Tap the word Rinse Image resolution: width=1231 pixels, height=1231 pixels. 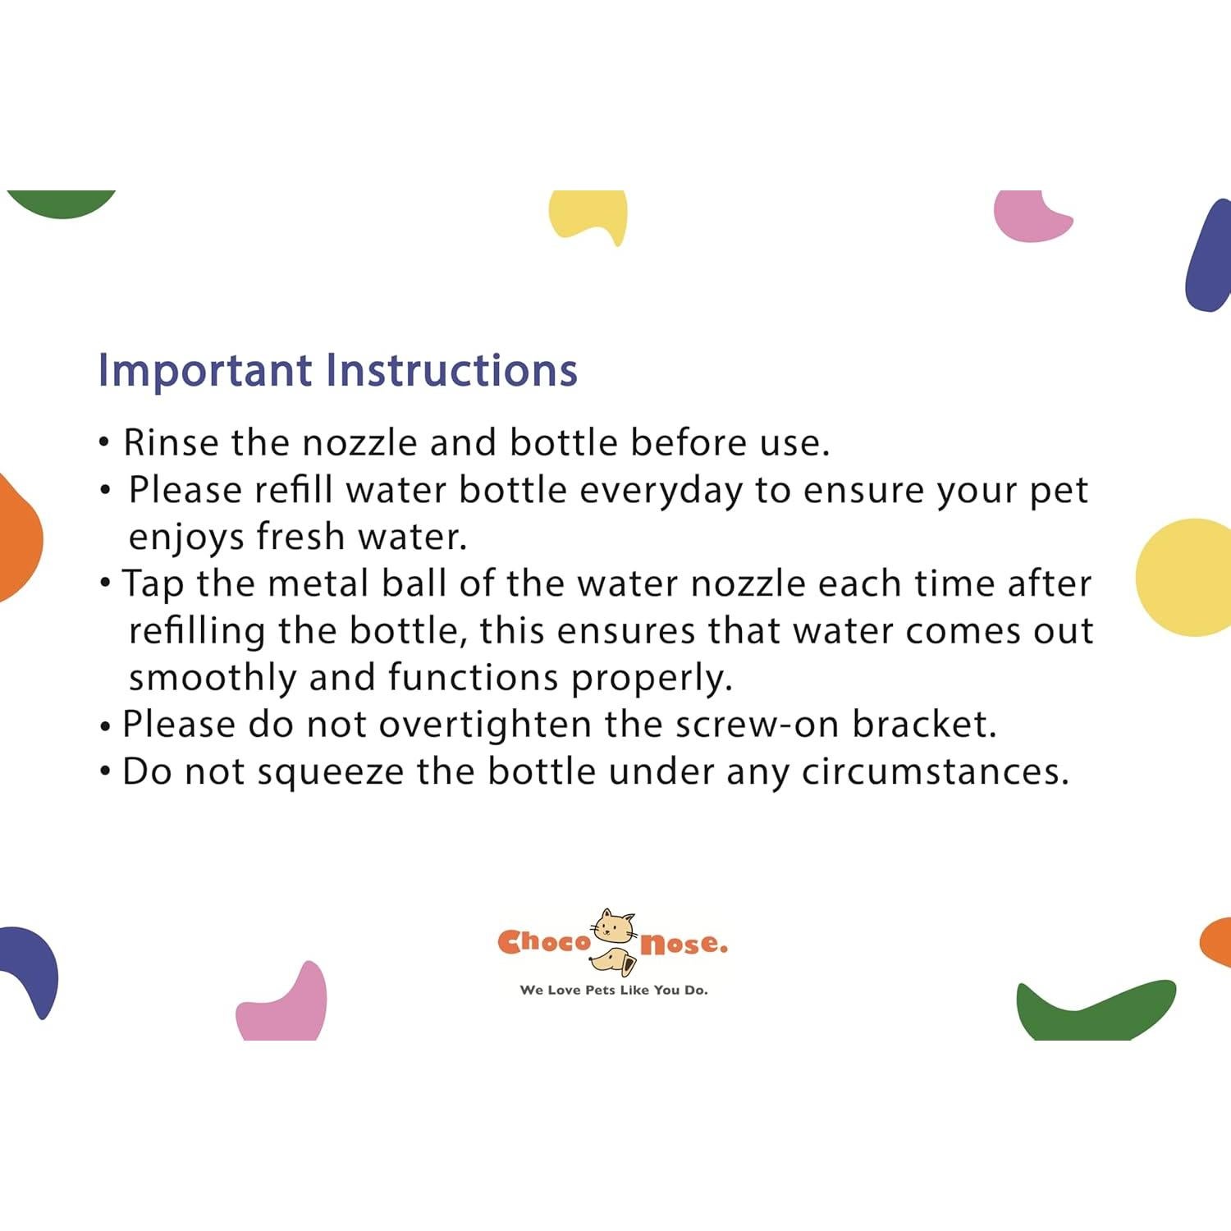click(x=171, y=442)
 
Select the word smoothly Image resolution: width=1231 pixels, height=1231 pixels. click(x=213, y=679)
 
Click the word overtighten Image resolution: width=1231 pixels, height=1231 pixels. click(x=485, y=725)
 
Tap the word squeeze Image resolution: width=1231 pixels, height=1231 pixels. click(x=331, y=773)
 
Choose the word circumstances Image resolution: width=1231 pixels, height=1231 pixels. click(x=936, y=772)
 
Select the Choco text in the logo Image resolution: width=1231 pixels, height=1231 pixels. click(x=544, y=941)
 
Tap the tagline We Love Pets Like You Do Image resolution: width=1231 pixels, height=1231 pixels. click(x=614, y=990)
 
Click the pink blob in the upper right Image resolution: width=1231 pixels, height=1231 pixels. click(x=1031, y=217)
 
